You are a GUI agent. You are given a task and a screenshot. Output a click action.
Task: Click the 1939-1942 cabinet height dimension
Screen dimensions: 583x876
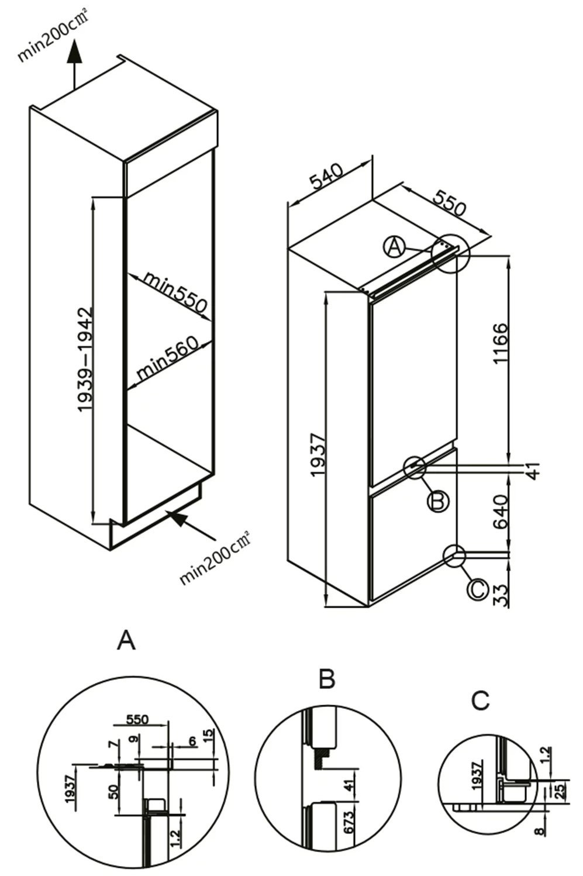click(85, 360)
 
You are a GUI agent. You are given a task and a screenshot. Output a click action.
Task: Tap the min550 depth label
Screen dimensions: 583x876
click(175, 292)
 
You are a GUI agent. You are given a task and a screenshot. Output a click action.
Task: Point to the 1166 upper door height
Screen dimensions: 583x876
click(501, 344)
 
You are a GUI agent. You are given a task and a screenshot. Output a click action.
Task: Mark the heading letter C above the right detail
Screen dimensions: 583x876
click(480, 700)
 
